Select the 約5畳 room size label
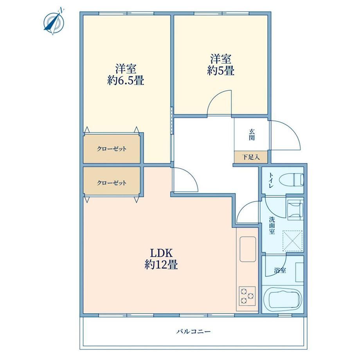tap(221, 70)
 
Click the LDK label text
tap(161, 253)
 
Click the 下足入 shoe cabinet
tap(251, 157)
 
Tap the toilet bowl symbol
tap(292, 180)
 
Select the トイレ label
tap(271, 180)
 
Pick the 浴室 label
tap(280, 270)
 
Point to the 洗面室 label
tap(272, 225)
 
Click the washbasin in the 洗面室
tap(295, 210)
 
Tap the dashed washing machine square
tap(292, 241)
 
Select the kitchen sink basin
tap(248, 249)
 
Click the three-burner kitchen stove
tap(247, 296)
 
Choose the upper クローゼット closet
tap(112, 149)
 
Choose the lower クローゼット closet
tap(112, 183)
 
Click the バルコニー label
tap(194, 331)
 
